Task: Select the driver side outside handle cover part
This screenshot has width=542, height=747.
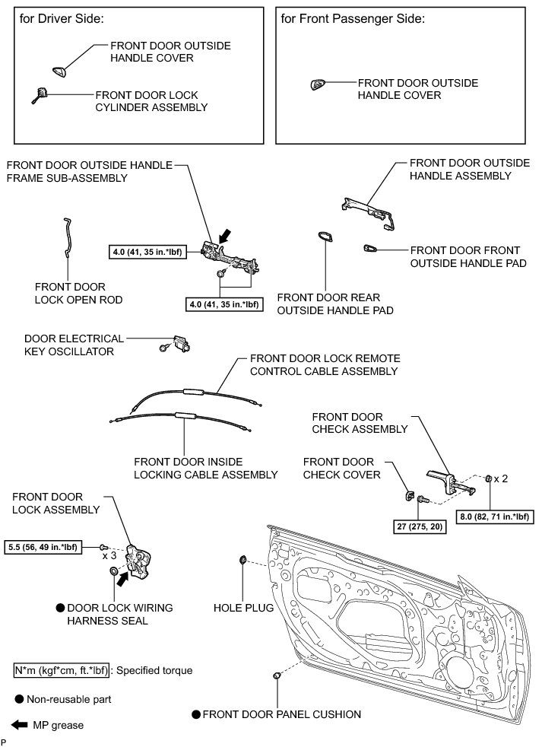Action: (59, 72)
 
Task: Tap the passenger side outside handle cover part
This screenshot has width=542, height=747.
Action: (317, 85)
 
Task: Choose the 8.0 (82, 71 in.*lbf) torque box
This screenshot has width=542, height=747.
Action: (495, 517)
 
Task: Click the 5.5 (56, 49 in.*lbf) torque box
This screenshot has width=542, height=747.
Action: (50, 547)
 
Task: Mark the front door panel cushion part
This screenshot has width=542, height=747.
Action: (277, 675)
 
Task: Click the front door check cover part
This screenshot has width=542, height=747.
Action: (407, 497)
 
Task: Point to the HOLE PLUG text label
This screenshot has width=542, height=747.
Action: (242, 609)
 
